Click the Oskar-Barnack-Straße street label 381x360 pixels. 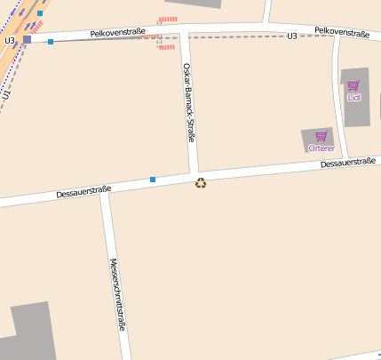[188, 102]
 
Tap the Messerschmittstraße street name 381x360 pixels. [115, 294]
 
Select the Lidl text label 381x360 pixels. [353, 97]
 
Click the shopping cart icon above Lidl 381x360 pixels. [353, 85]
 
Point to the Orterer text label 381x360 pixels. [321, 148]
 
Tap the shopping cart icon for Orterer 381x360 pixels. [321, 136]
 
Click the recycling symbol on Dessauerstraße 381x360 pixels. [201, 183]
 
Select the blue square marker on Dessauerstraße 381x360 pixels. [153, 180]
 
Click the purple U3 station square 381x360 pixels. [27, 39]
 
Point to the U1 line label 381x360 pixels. [6, 93]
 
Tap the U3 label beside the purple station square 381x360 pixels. [9, 40]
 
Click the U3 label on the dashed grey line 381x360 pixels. [292, 36]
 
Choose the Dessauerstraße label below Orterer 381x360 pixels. [348, 164]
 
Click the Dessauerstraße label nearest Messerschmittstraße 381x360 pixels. [83, 190]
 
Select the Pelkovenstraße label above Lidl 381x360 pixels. [342, 33]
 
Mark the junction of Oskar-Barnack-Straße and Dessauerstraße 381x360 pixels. [193, 173]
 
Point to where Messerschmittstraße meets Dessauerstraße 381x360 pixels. [105, 194]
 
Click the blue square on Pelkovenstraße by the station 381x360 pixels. [51, 42]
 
